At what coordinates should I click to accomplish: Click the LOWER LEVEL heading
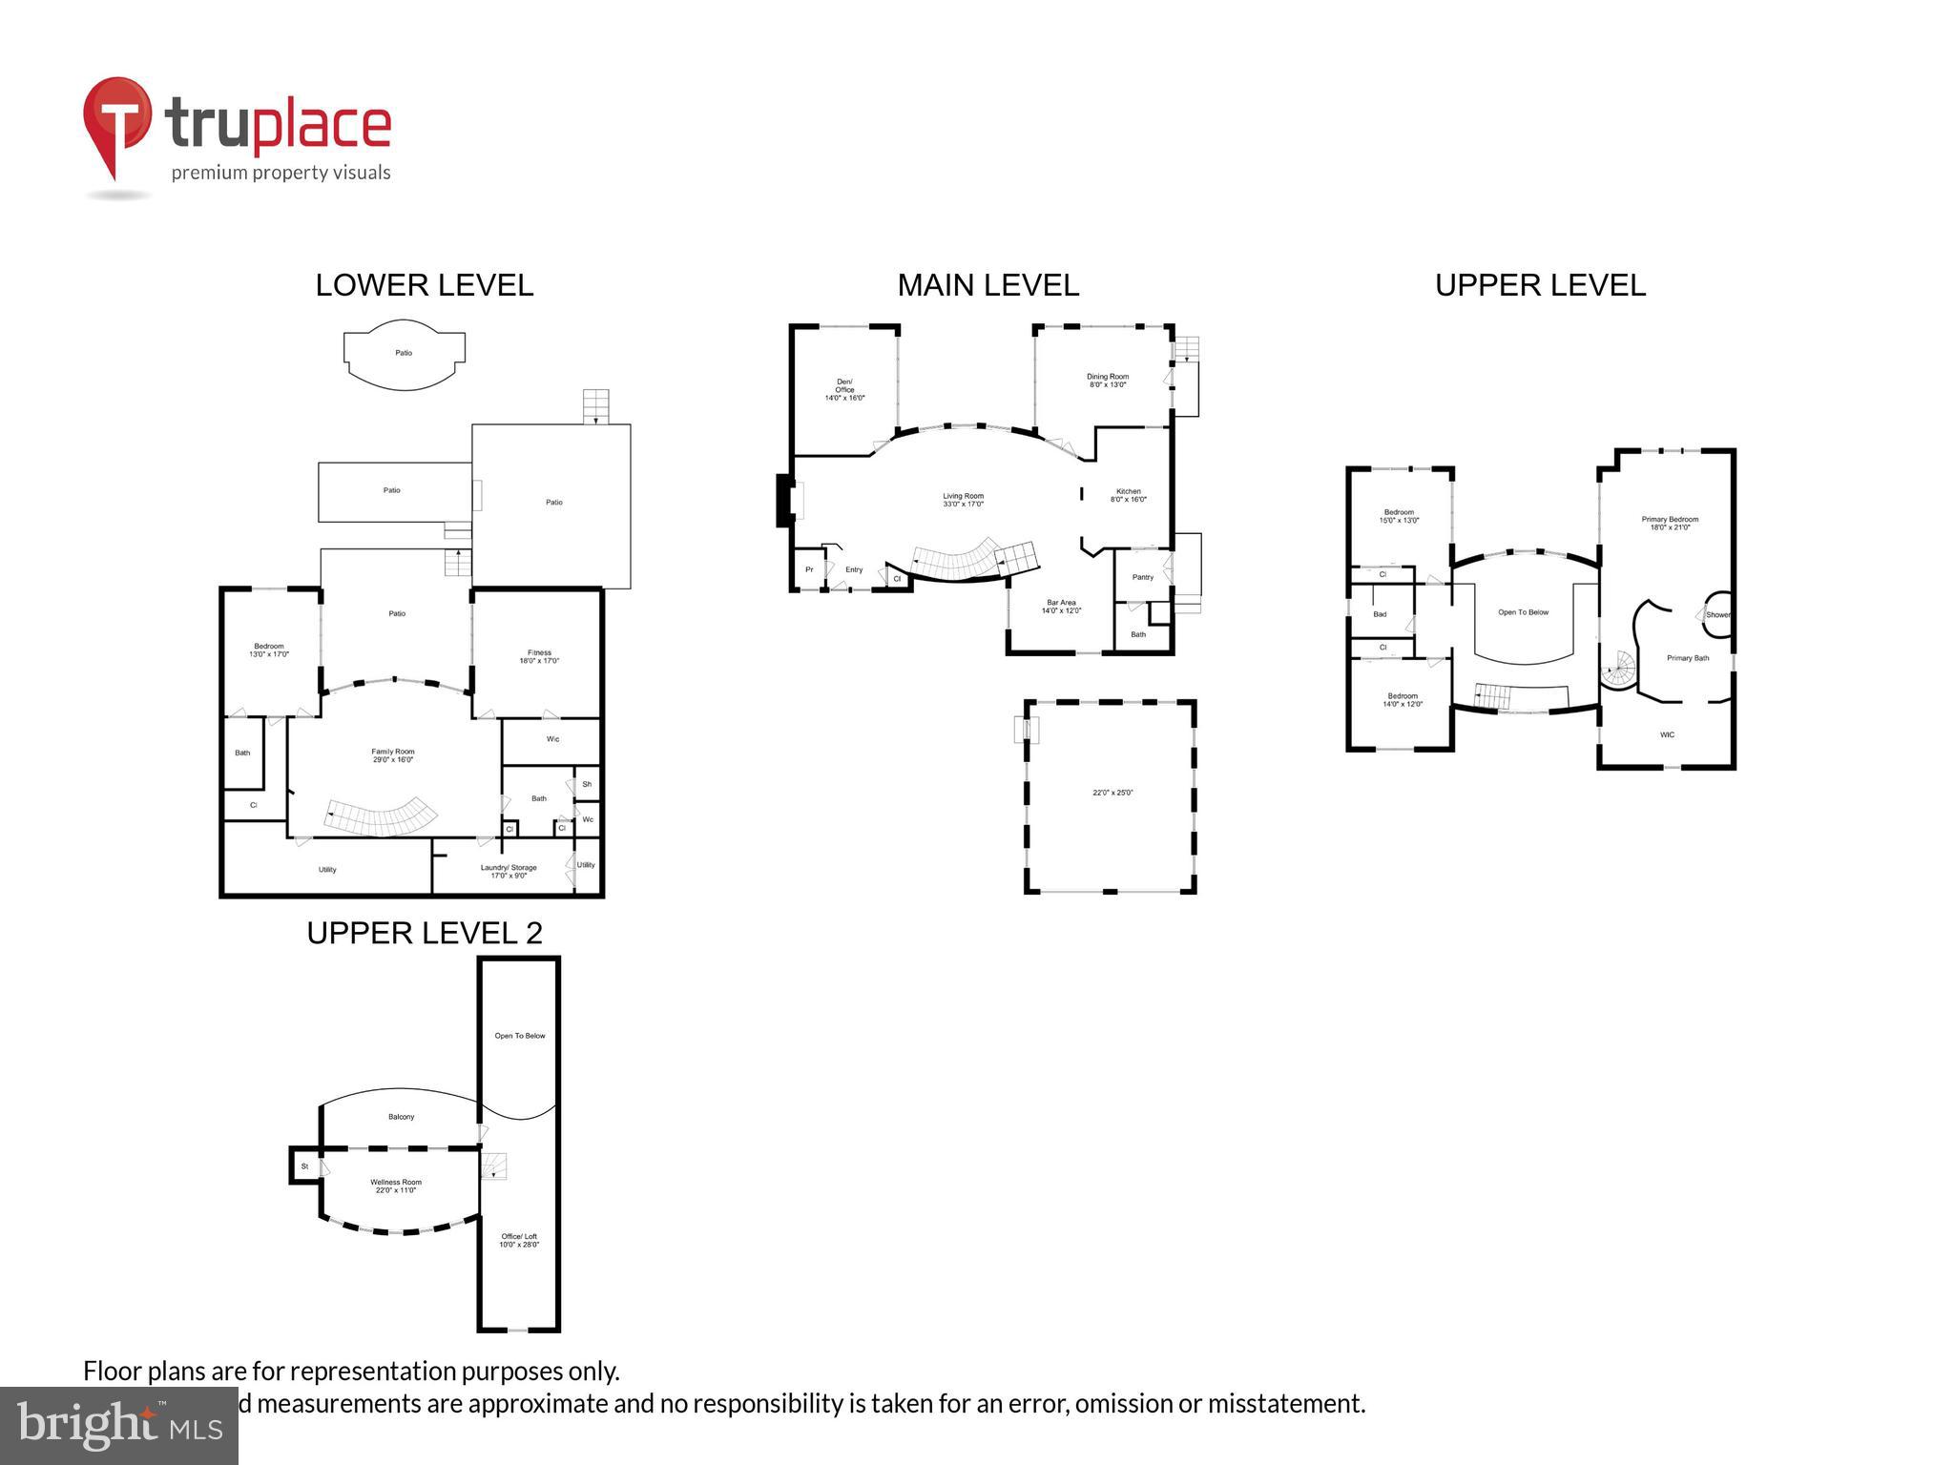tap(424, 285)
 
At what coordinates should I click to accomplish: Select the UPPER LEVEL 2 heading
tap(424, 933)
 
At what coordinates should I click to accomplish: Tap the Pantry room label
tap(1142, 577)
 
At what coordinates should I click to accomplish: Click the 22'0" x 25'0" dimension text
tap(1112, 793)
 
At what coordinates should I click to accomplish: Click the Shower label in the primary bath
tap(1717, 615)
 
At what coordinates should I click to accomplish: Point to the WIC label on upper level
tap(1667, 734)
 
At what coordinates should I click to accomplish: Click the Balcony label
tap(401, 1117)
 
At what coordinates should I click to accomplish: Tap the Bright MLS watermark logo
tap(118, 1425)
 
